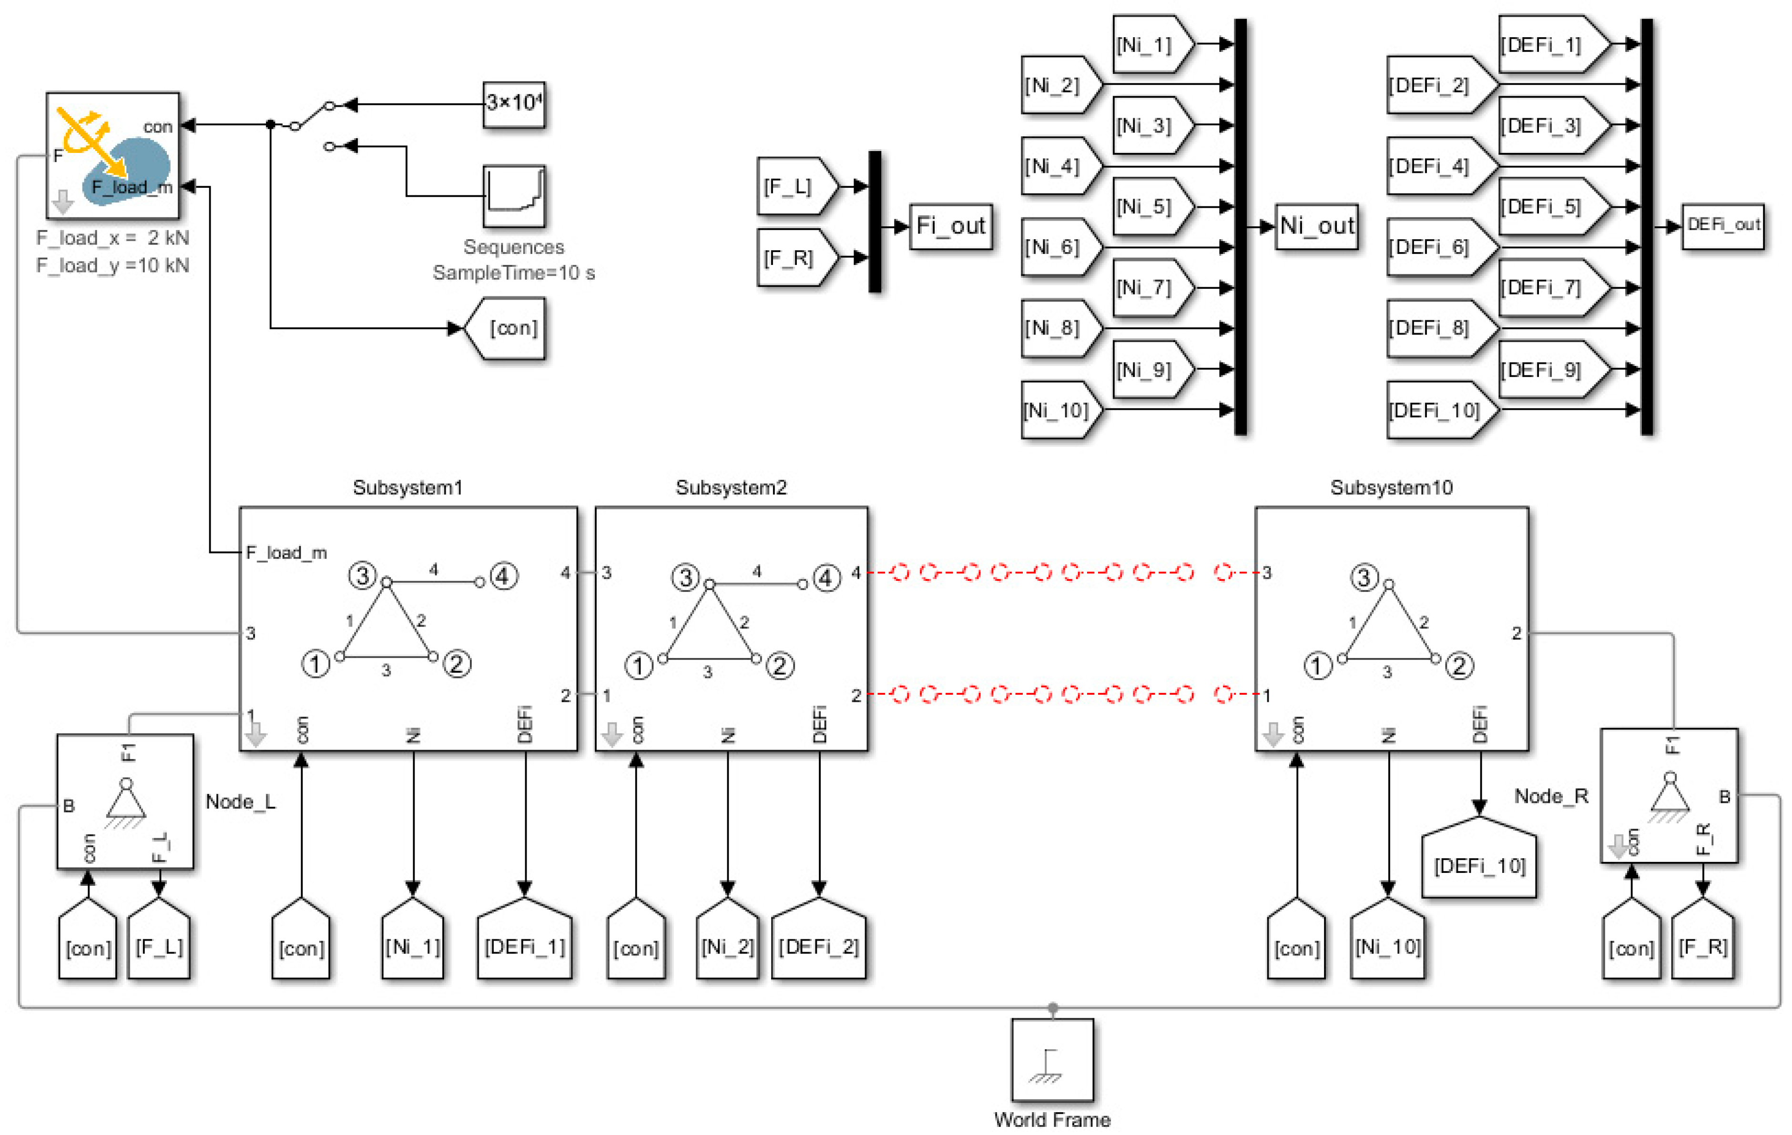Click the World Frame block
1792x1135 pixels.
coord(1051,1059)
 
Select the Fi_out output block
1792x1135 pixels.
coord(950,226)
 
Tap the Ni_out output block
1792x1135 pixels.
coord(1316,226)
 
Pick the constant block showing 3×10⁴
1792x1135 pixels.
coord(513,103)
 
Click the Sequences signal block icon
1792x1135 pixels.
coord(513,196)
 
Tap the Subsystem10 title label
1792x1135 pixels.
coord(1390,487)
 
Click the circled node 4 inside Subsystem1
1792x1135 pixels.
coord(503,576)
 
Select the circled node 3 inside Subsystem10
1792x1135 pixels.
coord(1364,578)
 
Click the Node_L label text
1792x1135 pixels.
coord(240,801)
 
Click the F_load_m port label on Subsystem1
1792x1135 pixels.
coord(286,552)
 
